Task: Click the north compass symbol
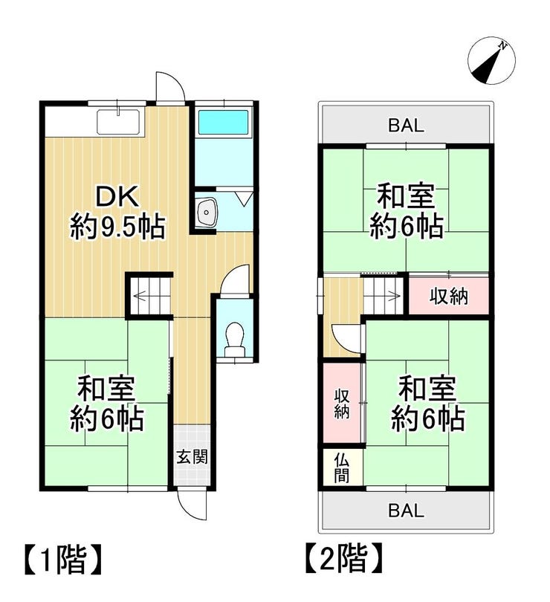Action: pyautogui.click(x=491, y=61)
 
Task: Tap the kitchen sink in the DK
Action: pyautogui.click(x=118, y=122)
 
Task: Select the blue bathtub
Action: pyautogui.click(x=223, y=123)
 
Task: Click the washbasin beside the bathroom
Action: pyautogui.click(x=206, y=213)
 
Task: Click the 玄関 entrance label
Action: pyautogui.click(x=192, y=457)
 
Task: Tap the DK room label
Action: pyautogui.click(x=117, y=197)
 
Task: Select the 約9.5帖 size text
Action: pyautogui.click(x=117, y=227)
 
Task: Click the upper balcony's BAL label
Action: pyautogui.click(x=406, y=125)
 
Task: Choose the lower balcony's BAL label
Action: pyautogui.click(x=406, y=511)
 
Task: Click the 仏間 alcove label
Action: pyautogui.click(x=341, y=467)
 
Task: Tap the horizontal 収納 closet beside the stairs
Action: pyautogui.click(x=449, y=296)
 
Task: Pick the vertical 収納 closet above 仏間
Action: pyautogui.click(x=342, y=403)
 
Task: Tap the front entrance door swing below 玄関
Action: pyautogui.click(x=192, y=505)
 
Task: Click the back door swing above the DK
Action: pyautogui.click(x=170, y=86)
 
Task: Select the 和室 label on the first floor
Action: pyautogui.click(x=106, y=388)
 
